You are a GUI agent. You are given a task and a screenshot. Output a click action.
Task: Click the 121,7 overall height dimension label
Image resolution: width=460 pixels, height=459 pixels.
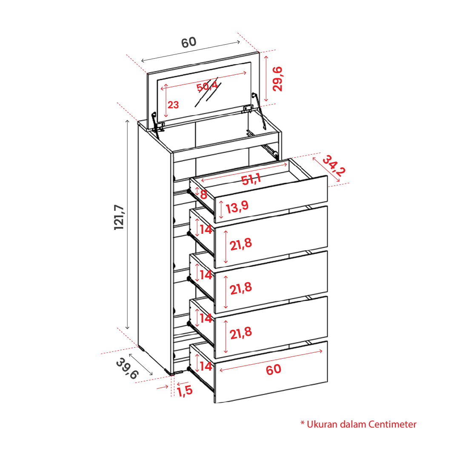119,217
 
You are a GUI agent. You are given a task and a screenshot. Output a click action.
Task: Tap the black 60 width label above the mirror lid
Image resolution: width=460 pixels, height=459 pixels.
189,42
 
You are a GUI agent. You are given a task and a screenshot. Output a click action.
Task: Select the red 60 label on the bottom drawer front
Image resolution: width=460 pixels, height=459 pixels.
274,369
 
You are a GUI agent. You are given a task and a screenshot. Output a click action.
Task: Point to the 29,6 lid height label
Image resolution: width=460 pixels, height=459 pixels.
277,79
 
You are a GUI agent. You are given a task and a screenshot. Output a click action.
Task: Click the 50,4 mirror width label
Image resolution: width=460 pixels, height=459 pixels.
207,86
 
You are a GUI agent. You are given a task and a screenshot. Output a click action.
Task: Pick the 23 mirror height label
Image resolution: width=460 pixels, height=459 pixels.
173,105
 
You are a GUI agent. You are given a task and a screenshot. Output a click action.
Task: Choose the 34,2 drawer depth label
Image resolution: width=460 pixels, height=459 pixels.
334,166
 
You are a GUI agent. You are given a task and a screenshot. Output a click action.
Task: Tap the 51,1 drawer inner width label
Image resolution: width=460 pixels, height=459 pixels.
251,179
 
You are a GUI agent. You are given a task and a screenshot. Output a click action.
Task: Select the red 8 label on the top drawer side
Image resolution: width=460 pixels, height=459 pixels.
204,194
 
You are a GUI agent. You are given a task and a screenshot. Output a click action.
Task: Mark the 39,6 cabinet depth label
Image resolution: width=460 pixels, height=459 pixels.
127,368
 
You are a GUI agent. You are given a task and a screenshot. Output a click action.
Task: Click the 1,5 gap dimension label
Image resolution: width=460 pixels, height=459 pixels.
185,391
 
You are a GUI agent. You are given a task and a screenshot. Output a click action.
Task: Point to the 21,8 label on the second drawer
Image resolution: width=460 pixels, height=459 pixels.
241,244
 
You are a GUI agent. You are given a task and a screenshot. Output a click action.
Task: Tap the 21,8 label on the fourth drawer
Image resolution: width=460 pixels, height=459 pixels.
241,333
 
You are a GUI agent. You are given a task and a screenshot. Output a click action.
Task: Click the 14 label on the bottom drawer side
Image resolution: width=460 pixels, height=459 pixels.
206,366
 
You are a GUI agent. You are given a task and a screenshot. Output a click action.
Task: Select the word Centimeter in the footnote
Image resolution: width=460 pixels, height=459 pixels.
392,424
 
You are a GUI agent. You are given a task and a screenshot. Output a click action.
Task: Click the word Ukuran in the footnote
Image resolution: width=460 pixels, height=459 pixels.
322,424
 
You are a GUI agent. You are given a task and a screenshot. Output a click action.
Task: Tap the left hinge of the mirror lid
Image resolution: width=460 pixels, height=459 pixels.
157,124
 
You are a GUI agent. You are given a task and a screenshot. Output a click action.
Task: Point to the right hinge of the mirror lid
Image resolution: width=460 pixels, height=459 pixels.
253,106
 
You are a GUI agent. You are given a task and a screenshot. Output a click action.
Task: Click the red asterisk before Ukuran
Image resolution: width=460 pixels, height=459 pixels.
303,423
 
